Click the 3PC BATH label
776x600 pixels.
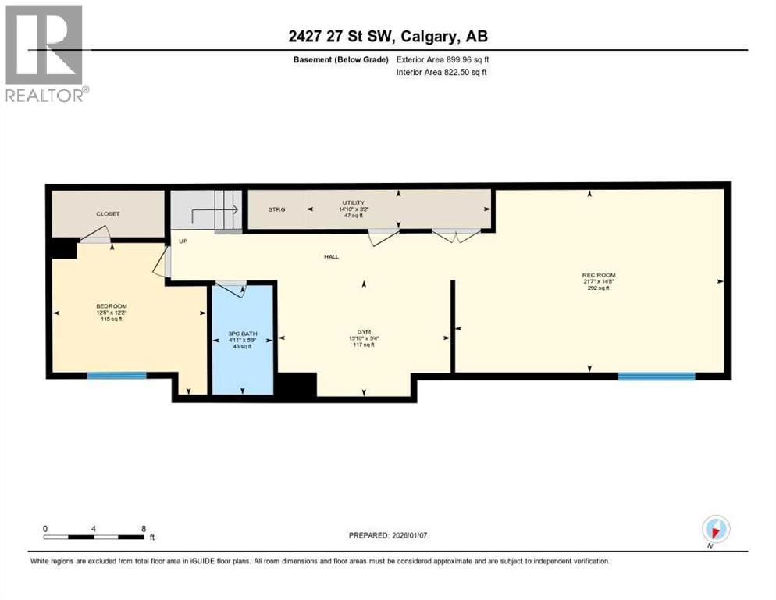pos(241,334)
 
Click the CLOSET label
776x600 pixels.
pos(108,213)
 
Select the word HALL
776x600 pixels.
pos(332,257)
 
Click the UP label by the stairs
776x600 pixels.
pos(183,241)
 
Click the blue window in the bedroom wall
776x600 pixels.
pos(116,376)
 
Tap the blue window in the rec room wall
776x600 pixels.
pos(656,376)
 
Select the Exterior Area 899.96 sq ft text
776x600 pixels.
pos(443,59)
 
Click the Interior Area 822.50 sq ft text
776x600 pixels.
pos(442,73)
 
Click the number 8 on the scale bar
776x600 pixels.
pos(143,528)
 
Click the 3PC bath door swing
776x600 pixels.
pos(229,287)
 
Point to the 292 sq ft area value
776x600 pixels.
pos(599,288)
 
